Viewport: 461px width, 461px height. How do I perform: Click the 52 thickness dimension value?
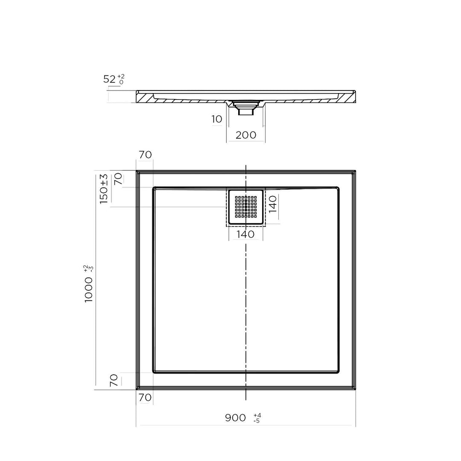tap(109, 79)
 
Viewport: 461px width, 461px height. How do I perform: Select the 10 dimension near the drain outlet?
tap(217, 119)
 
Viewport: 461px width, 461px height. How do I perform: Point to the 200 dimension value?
tap(246, 135)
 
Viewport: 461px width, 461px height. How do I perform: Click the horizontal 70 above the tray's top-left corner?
tap(145, 155)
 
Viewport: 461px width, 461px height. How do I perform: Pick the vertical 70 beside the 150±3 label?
tap(118, 179)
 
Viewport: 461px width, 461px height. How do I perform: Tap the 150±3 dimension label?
tap(104, 189)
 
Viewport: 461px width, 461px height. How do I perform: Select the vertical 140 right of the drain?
tap(273, 204)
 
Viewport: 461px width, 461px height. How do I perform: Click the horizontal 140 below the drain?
tap(245, 234)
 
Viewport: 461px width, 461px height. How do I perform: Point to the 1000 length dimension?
tap(89, 289)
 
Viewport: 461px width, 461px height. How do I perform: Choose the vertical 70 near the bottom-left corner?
tap(114, 380)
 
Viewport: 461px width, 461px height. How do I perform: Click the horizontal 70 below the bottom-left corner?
tap(145, 397)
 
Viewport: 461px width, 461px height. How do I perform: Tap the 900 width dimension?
tap(235, 417)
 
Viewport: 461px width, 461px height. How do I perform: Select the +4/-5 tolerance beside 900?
tap(257, 417)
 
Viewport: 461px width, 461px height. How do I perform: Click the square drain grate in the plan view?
tap(245, 207)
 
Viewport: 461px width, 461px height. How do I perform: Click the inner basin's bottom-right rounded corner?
tap(337, 371)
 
